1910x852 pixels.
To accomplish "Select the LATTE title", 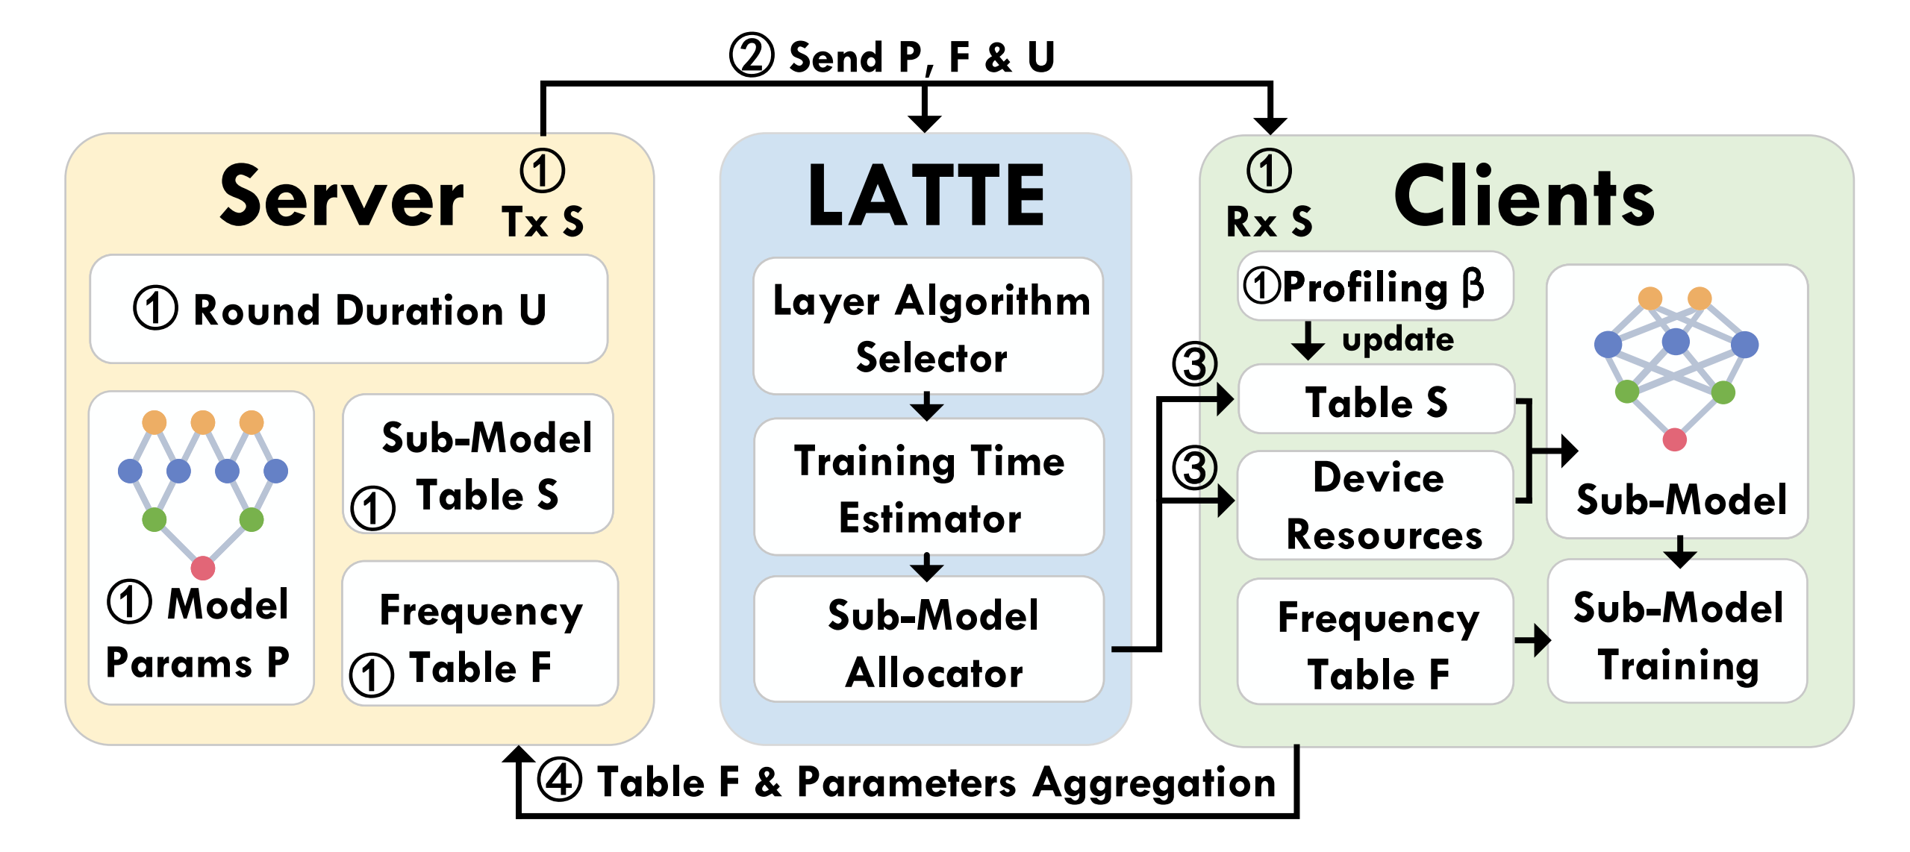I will (926, 197).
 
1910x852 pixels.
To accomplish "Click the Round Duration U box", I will (349, 310).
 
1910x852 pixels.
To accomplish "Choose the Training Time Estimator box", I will (929, 489).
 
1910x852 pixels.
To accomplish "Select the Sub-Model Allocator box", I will (929, 642).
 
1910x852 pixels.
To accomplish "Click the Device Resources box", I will (1376, 506).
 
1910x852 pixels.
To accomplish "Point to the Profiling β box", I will (1376, 287).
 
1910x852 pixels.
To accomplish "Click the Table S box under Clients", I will (1376, 401).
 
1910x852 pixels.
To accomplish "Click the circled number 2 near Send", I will (751, 56).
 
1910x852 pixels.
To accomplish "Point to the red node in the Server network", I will (203, 568).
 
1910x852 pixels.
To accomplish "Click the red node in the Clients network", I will (1674, 439).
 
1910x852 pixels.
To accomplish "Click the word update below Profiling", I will (1397, 340).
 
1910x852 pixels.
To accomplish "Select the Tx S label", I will (543, 222).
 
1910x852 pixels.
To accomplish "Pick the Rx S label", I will (1269, 222).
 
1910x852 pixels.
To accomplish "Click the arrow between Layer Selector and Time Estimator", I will (927, 407).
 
